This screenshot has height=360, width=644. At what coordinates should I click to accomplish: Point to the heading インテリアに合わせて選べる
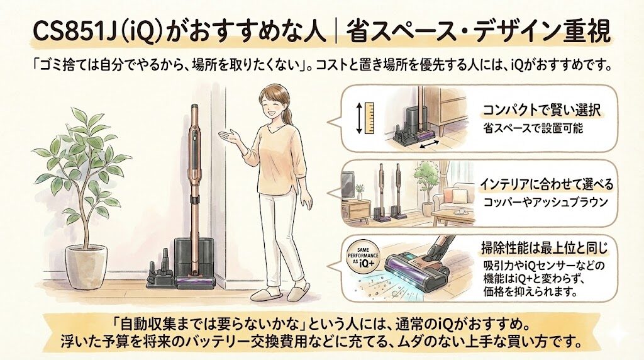pyautogui.click(x=547, y=186)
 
